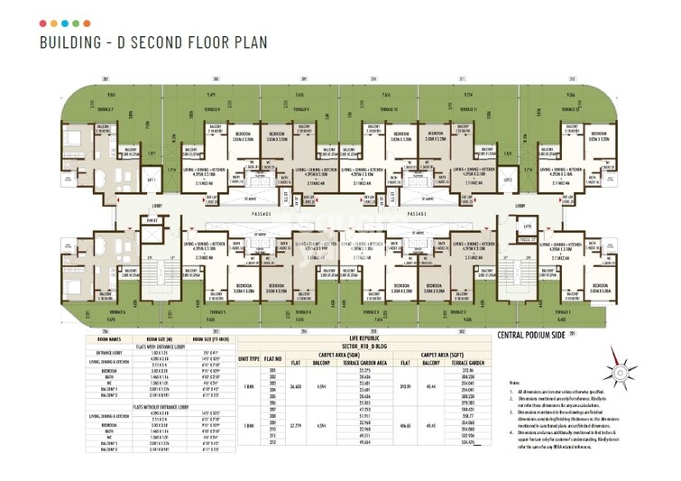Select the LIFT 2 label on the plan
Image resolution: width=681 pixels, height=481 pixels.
(508, 180)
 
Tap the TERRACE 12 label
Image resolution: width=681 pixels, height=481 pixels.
(571, 109)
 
